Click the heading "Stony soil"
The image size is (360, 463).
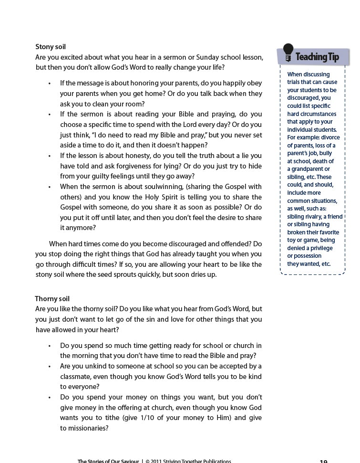51,47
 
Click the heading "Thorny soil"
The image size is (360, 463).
52,299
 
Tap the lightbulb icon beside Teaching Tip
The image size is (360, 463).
288,53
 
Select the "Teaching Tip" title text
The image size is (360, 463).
317,57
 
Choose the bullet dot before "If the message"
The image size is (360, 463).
50,83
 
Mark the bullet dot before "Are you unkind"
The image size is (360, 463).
50,366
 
